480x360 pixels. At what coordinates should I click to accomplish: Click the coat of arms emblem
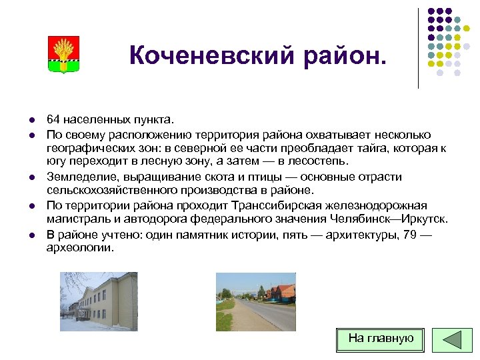(x=64, y=54)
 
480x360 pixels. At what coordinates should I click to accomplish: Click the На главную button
(x=381, y=339)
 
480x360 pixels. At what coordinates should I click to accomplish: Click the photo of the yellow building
(x=99, y=301)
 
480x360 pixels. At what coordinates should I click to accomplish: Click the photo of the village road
(x=255, y=302)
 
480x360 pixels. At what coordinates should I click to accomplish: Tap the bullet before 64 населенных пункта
(x=31, y=121)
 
